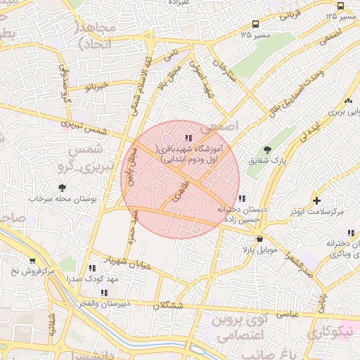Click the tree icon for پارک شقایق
[x=266, y=149]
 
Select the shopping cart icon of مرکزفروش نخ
[x=32, y=261]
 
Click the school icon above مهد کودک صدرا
[x=93, y=268]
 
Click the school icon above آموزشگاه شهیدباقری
[x=187, y=138]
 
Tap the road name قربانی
[x=289, y=13]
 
